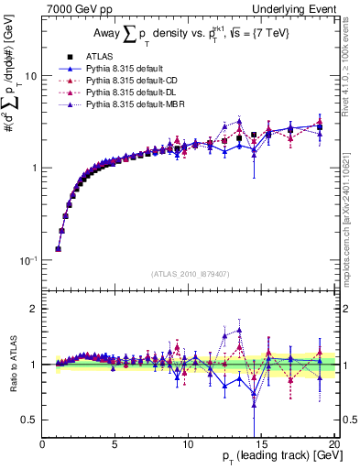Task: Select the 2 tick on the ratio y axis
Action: pos(34,309)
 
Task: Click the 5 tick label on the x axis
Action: pos(115,444)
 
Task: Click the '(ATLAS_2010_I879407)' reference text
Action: pos(189,273)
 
